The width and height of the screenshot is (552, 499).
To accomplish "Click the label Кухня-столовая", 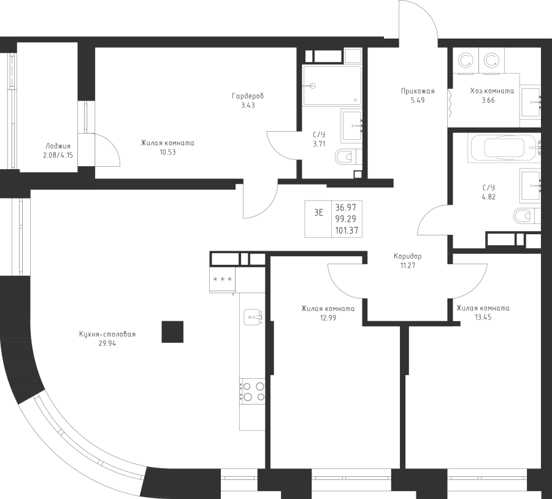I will [x=107, y=334].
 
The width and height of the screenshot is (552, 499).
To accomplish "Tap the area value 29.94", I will [x=107, y=344].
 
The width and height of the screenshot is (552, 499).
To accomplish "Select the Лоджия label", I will [x=58, y=147].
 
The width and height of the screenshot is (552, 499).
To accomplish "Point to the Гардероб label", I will [x=248, y=96].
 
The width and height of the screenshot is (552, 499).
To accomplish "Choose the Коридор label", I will [x=408, y=256].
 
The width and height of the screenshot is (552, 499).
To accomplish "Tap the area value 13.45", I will [x=483, y=318].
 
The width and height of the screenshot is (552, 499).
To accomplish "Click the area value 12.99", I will [x=328, y=319].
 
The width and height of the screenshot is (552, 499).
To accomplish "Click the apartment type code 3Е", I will [x=319, y=213].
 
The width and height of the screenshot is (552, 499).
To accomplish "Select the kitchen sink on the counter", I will [x=253, y=317].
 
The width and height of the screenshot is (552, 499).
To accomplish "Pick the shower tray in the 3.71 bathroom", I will [x=332, y=86].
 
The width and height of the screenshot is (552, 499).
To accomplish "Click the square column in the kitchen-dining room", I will [x=172, y=332].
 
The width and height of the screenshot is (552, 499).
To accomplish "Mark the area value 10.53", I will [x=167, y=153].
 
